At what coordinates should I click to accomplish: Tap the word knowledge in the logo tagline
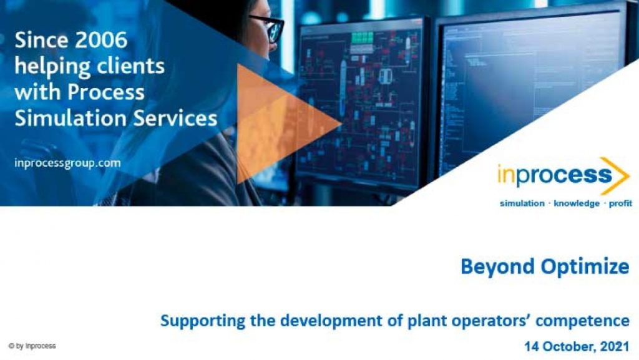coord(576,203)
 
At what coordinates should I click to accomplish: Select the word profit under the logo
coord(620,203)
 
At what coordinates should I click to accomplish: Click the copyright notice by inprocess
coord(32,346)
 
